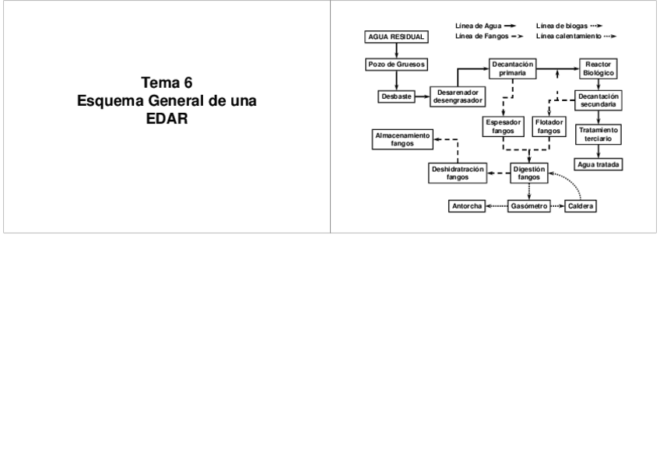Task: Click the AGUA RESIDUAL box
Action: click(x=395, y=37)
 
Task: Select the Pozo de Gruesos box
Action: click(x=395, y=64)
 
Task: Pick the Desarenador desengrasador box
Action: click(x=458, y=96)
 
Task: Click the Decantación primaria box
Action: click(x=513, y=68)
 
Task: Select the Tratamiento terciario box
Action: click(x=598, y=134)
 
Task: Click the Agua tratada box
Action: click(x=598, y=164)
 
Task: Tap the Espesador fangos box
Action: click(x=504, y=126)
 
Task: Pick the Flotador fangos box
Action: click(x=549, y=126)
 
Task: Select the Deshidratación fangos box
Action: click(x=458, y=172)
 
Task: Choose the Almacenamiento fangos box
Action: click(x=402, y=139)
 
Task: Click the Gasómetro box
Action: click(x=529, y=206)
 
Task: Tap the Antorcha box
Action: click(x=467, y=206)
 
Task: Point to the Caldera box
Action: click(x=581, y=206)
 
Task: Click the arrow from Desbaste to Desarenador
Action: click(x=421, y=96)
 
